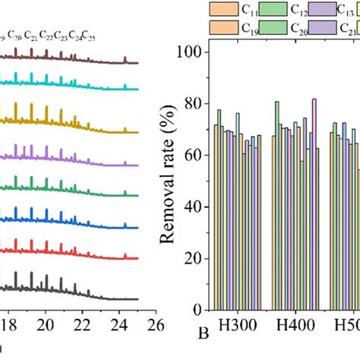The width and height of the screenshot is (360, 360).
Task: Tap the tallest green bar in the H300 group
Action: click(219, 209)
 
